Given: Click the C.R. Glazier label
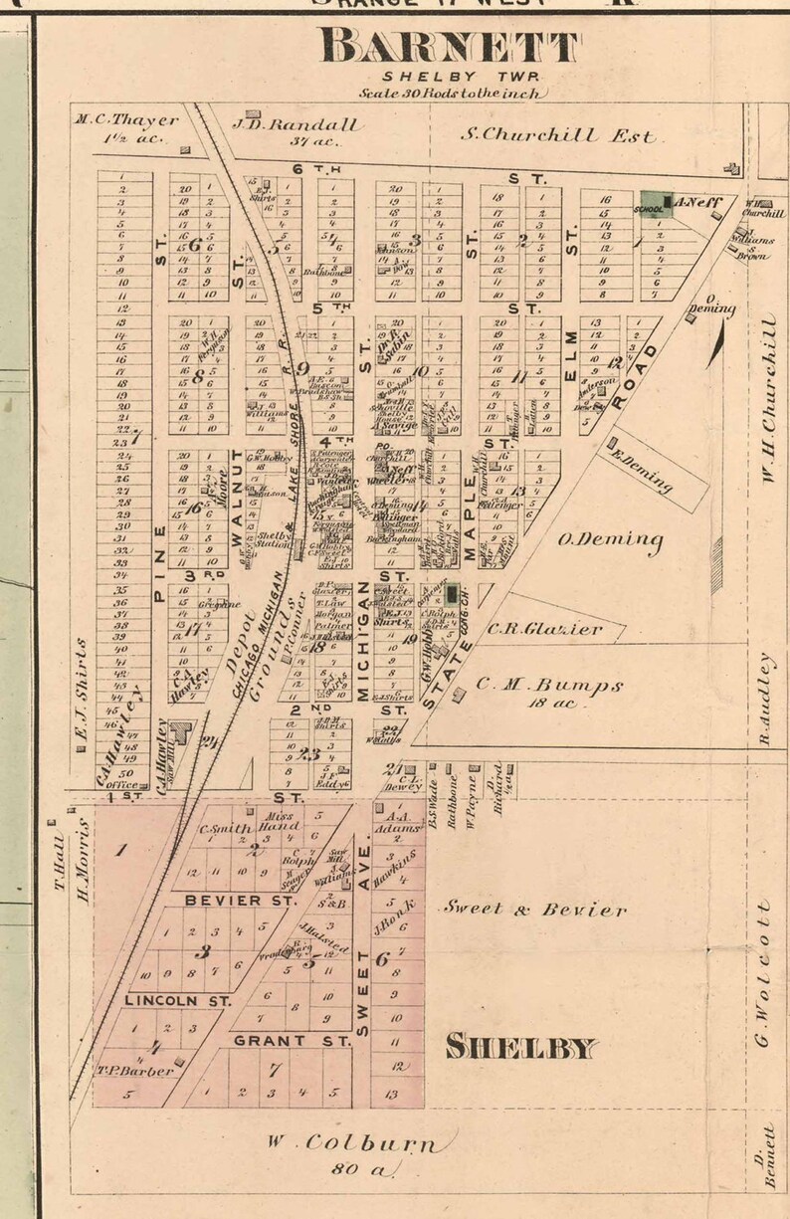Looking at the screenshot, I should (x=544, y=629).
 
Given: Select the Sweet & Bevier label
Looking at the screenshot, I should (x=534, y=909).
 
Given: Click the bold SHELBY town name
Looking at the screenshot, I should (x=521, y=1046).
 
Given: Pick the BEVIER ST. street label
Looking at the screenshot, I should (x=240, y=900).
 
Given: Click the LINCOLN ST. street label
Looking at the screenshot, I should (x=177, y=999).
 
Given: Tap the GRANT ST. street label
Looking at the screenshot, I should (x=292, y=1040).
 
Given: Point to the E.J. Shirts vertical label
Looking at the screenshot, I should (x=84, y=688).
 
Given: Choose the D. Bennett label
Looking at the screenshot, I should (x=764, y=1163).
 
